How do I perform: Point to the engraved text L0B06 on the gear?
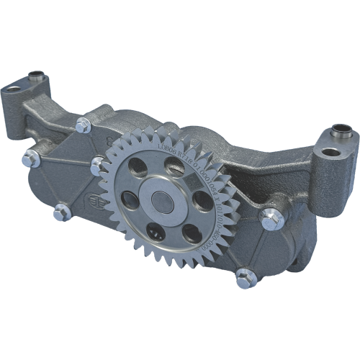(161, 148)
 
